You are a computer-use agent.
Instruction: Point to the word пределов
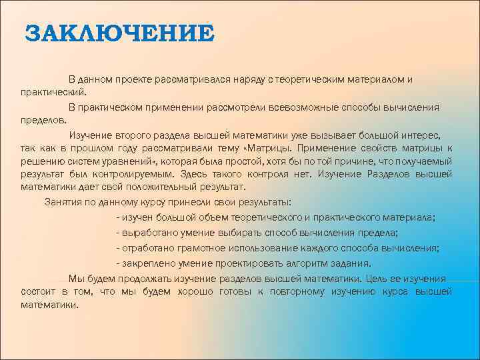(43, 121)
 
